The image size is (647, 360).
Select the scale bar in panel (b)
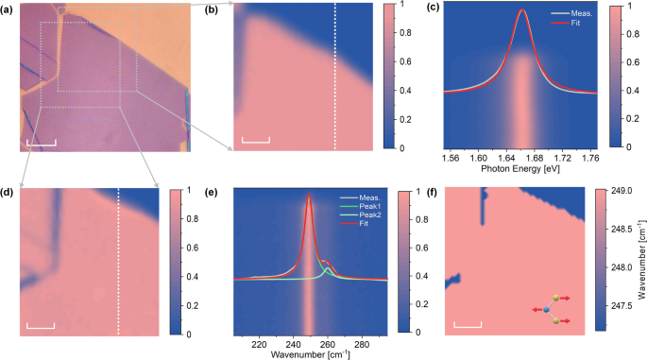coord(255,141)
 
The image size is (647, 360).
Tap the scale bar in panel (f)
coord(468,326)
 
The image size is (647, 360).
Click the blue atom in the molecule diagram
coord(547,309)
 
